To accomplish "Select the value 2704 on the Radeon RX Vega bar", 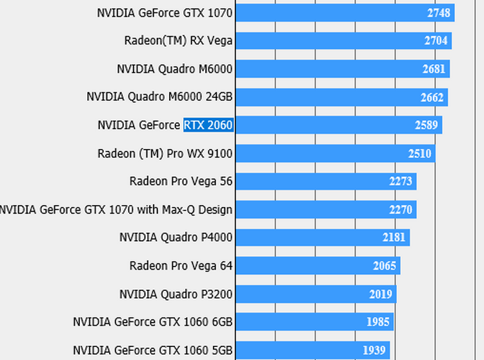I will coord(436,41).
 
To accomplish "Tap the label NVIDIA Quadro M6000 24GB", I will coord(159,97).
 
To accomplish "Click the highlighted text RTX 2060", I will coord(208,125).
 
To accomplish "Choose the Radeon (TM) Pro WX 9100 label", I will coord(165,154).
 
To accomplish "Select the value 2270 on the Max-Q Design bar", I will coord(401,210).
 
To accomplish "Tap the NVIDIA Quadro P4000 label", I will coord(176,237).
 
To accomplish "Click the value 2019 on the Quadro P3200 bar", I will coord(381,294).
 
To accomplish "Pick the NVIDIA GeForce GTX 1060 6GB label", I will coord(152,322).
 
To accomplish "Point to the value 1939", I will coord(374,350).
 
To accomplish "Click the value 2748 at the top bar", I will coord(439,13).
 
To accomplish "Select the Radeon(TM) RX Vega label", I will coord(178,41).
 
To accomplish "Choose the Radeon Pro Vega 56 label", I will coord(181,181).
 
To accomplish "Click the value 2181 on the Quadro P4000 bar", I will coord(394,237).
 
